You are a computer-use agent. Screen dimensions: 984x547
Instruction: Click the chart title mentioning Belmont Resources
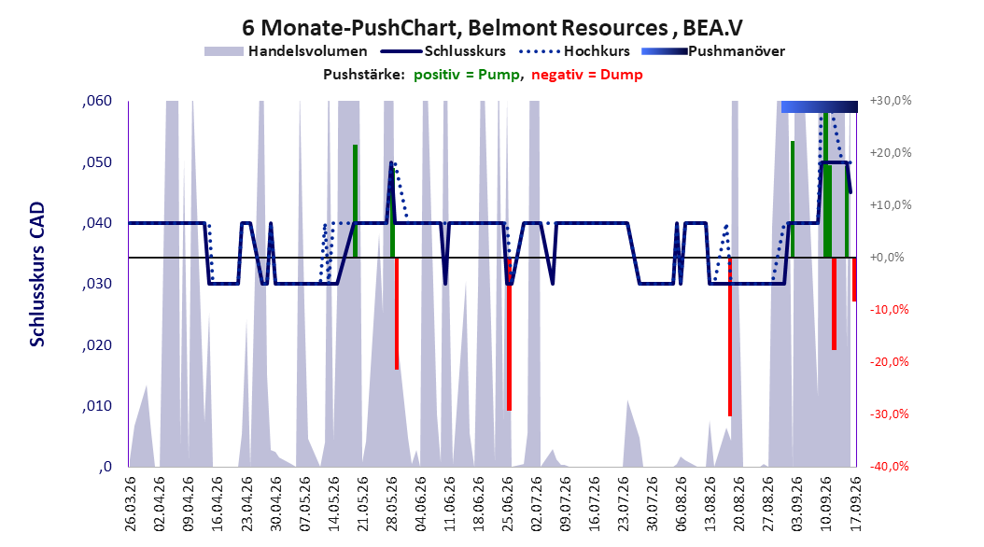point(492,28)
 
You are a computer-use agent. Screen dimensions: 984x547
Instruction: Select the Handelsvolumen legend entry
point(287,51)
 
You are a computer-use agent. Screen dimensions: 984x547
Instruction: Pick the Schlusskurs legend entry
point(443,51)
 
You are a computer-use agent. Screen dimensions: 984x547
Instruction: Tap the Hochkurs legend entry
point(574,51)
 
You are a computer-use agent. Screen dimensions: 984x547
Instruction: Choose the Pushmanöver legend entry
point(713,51)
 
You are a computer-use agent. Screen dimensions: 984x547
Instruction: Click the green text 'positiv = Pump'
point(467,75)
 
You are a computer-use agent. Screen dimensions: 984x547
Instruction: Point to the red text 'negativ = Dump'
point(587,75)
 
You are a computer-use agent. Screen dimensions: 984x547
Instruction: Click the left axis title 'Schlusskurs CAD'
point(37,274)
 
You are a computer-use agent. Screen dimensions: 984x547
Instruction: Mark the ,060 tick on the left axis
point(97,101)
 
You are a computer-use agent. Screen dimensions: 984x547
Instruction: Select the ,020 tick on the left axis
point(97,345)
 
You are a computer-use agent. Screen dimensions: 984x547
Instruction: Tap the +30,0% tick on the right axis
point(891,101)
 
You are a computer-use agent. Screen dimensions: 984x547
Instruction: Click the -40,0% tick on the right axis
point(889,466)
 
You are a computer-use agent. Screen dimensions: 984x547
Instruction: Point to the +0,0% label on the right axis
point(887,258)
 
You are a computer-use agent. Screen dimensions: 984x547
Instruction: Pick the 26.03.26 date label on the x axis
point(130,504)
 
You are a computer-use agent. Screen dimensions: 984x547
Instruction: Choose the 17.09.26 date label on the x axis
point(855,504)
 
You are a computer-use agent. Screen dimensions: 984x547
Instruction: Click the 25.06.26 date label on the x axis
point(507,504)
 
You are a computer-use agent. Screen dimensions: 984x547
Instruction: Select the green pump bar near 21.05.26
point(355,201)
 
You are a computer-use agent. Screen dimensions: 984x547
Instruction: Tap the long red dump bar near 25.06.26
point(509,334)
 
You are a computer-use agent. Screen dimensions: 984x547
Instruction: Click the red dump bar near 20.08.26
point(730,336)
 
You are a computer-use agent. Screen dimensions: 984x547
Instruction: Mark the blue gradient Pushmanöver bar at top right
point(820,106)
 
